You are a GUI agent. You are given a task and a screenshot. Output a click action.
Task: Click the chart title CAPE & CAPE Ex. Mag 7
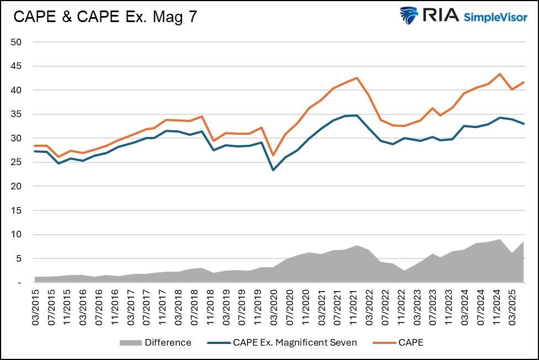point(105,17)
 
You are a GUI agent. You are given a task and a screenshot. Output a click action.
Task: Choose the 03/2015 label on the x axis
point(37,307)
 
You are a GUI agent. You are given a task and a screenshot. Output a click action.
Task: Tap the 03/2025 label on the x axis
point(513,307)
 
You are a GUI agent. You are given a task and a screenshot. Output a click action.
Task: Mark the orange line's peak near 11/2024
point(499,74)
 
